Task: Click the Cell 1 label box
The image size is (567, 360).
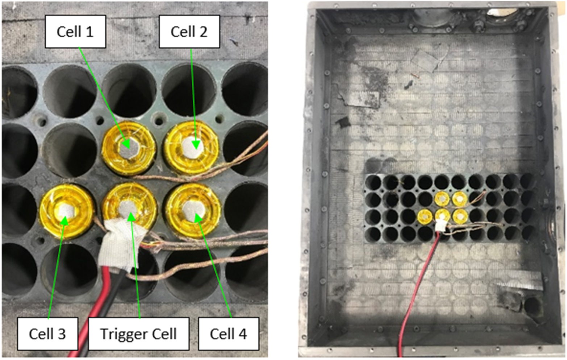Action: pyautogui.click(x=75, y=32)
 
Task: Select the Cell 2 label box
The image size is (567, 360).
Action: pyautogui.click(x=189, y=32)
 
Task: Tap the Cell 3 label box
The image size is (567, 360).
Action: pyautogui.click(x=47, y=334)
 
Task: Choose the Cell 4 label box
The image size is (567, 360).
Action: pyautogui.click(x=228, y=334)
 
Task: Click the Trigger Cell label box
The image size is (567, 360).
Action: pyautogui.click(x=138, y=334)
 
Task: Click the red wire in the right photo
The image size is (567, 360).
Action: pyautogui.click(x=417, y=290)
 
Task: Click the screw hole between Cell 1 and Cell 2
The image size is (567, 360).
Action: pyautogui.click(x=158, y=118)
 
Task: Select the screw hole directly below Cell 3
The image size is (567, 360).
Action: pyautogui.click(x=41, y=240)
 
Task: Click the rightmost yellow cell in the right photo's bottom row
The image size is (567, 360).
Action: pyautogui.click(x=459, y=216)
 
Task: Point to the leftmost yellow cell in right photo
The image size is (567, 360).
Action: pyautogui.click(x=424, y=217)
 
